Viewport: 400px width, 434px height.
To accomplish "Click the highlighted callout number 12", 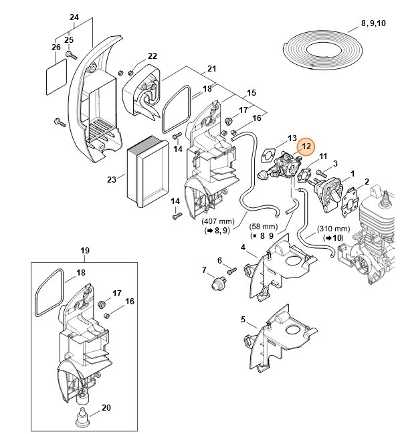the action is [x=306, y=146].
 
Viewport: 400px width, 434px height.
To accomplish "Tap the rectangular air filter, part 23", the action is [x=148, y=172].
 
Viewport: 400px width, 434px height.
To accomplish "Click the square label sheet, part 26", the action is [x=56, y=76].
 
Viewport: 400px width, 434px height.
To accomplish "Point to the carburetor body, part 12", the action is [x=284, y=168].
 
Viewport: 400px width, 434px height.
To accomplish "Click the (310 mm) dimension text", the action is [x=333, y=229].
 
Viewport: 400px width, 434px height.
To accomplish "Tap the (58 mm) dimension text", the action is [x=264, y=227].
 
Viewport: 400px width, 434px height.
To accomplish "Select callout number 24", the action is [x=74, y=17].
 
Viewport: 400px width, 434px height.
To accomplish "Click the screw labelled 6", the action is [x=231, y=271].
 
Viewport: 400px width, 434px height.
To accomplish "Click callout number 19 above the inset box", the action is [x=85, y=251].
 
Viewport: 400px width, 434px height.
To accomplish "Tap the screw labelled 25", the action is [x=72, y=55].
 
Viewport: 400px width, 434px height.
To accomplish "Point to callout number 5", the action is [x=243, y=320].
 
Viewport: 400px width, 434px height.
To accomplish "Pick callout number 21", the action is [x=211, y=69].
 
